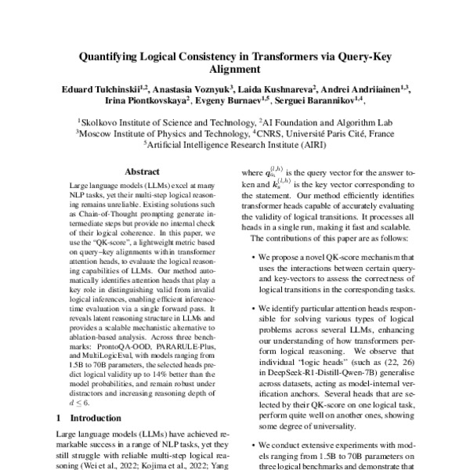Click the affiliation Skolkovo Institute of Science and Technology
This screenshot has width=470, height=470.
[166, 122]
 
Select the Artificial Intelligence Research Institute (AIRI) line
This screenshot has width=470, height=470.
[234, 144]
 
